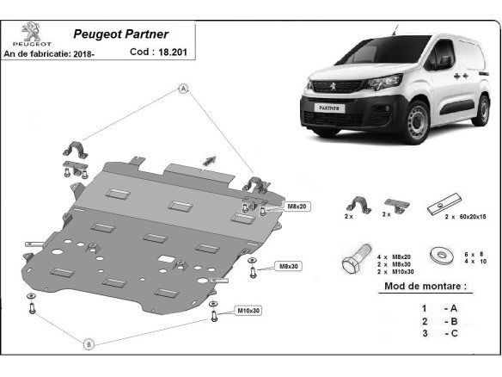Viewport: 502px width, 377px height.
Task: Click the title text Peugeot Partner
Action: click(x=120, y=34)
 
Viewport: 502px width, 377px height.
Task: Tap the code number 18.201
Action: click(x=173, y=52)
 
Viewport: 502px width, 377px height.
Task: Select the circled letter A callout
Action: click(x=183, y=89)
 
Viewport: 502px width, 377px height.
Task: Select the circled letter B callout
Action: click(x=89, y=344)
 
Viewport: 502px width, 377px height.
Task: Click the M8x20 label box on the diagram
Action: click(x=297, y=207)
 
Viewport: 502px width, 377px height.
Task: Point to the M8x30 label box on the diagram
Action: click(x=289, y=266)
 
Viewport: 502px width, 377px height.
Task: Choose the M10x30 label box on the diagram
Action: click(x=248, y=311)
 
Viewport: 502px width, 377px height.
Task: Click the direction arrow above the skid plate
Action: click(x=210, y=161)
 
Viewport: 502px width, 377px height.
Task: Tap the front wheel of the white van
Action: click(x=417, y=121)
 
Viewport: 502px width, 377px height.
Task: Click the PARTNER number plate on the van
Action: click(x=329, y=108)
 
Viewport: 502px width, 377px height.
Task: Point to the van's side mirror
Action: click(x=444, y=62)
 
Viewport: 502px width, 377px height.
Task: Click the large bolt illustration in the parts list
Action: click(x=357, y=260)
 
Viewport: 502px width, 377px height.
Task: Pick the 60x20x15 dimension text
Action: click(x=473, y=217)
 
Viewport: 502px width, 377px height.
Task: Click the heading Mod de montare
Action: click(x=425, y=286)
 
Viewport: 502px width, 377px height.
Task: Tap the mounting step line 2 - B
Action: click(x=439, y=321)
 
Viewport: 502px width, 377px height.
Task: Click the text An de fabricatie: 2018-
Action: click(x=49, y=54)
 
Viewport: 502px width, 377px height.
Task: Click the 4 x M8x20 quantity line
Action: click(x=394, y=256)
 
